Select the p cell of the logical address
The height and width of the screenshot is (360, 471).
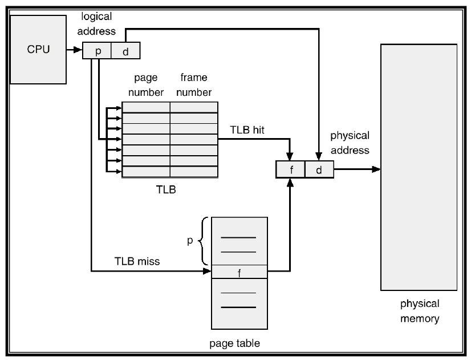click(98, 51)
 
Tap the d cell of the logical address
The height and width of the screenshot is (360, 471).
click(125, 51)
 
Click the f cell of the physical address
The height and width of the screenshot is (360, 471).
click(290, 169)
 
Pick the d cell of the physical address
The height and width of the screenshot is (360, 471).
click(319, 169)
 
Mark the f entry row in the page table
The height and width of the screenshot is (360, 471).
click(239, 272)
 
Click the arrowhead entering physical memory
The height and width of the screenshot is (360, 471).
click(376, 169)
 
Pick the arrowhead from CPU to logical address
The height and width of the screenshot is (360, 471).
click(78, 51)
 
